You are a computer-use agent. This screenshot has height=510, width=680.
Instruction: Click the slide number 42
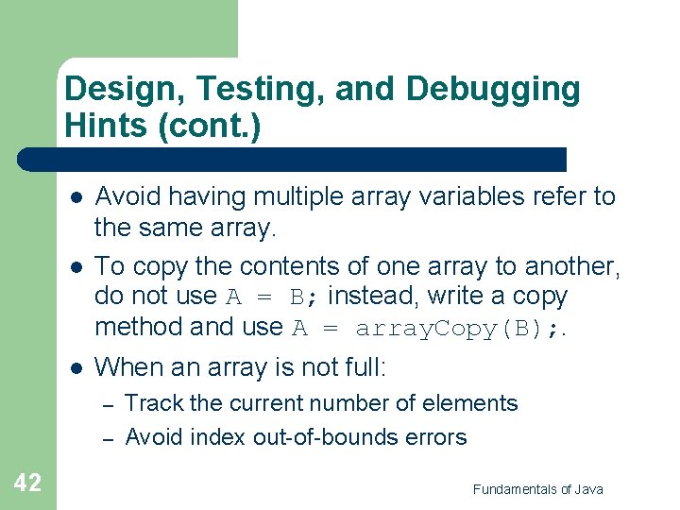pos(27,483)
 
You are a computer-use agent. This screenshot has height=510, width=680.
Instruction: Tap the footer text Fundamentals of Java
pos(537,488)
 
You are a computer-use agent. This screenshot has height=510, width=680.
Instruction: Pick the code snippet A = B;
pos(264,297)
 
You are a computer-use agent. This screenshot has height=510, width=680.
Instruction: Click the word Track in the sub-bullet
pos(154,403)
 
